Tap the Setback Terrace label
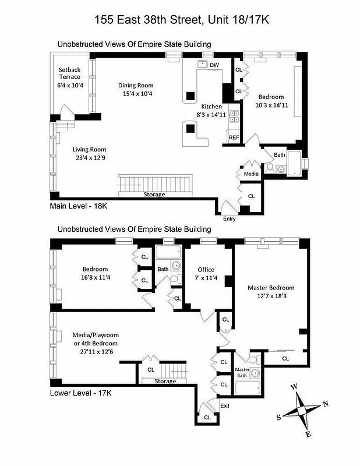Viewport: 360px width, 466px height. [69, 73]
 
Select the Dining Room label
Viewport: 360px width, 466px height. [138, 85]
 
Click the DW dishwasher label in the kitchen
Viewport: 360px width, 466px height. [214, 65]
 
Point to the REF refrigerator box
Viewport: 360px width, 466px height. [234, 137]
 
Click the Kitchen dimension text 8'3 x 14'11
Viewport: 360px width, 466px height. [211, 115]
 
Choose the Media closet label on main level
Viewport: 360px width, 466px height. [252, 174]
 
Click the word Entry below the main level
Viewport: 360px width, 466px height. [230, 218]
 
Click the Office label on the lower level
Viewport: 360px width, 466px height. [206, 269]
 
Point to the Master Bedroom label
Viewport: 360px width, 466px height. [271, 287]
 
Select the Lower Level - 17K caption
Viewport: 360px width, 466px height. [80, 393]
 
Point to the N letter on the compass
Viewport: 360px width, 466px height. [326, 404]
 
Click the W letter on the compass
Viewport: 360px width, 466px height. [294, 386]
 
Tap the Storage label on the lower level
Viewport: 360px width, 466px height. [165, 382]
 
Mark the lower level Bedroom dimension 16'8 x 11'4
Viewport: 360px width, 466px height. [95, 277]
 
